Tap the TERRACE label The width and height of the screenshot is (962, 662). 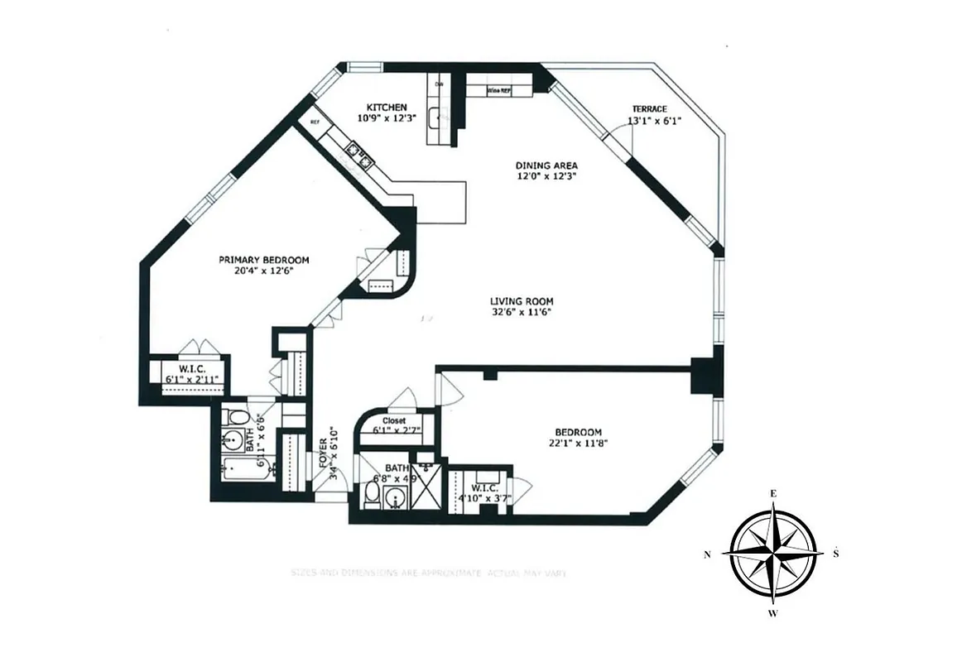coord(650,109)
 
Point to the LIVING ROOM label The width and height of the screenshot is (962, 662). coord(521,301)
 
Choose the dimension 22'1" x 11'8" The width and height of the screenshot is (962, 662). coord(578,444)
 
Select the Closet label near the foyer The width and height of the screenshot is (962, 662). coord(394,420)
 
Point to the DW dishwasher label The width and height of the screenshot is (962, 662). coord(440,84)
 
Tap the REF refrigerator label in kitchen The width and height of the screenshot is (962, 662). coord(315,122)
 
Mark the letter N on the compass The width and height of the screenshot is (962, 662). coord(707,555)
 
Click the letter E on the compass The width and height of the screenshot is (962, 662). coord(773,494)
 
